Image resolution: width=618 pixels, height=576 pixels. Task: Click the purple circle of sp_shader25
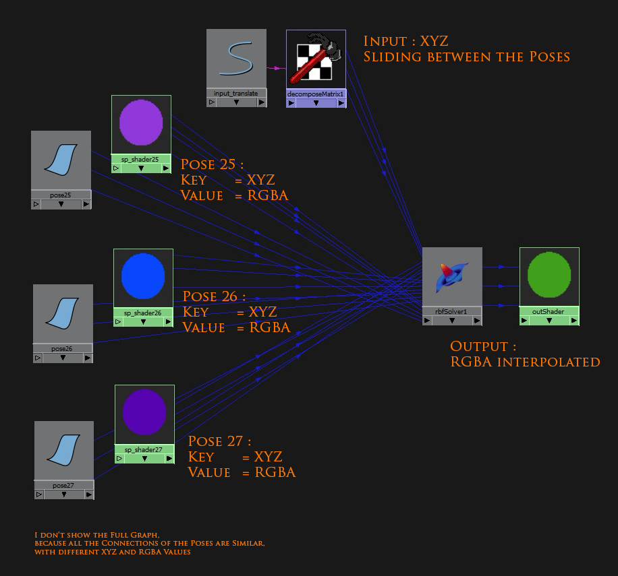[141, 123]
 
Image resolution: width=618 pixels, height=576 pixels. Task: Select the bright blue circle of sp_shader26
[143, 276]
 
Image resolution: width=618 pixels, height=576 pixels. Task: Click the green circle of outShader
[549, 276]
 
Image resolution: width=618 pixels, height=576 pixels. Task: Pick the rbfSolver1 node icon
[452, 276]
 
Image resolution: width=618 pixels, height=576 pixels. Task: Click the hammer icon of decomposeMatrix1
[316, 59]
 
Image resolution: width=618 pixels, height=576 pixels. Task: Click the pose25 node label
[61, 194]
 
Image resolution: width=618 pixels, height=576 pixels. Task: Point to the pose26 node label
[63, 348]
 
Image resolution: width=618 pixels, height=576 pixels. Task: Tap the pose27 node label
[63, 485]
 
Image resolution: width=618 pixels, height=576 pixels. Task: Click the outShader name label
[549, 311]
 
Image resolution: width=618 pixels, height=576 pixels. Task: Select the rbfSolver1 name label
[452, 311]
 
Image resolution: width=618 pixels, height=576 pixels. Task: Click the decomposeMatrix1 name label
[316, 94]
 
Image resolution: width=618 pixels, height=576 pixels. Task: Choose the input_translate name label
[236, 94]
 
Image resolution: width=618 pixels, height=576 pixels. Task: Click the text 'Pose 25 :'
[212, 164]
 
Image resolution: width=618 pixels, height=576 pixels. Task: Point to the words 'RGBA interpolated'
[525, 362]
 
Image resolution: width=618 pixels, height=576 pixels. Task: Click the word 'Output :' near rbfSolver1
[483, 346]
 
